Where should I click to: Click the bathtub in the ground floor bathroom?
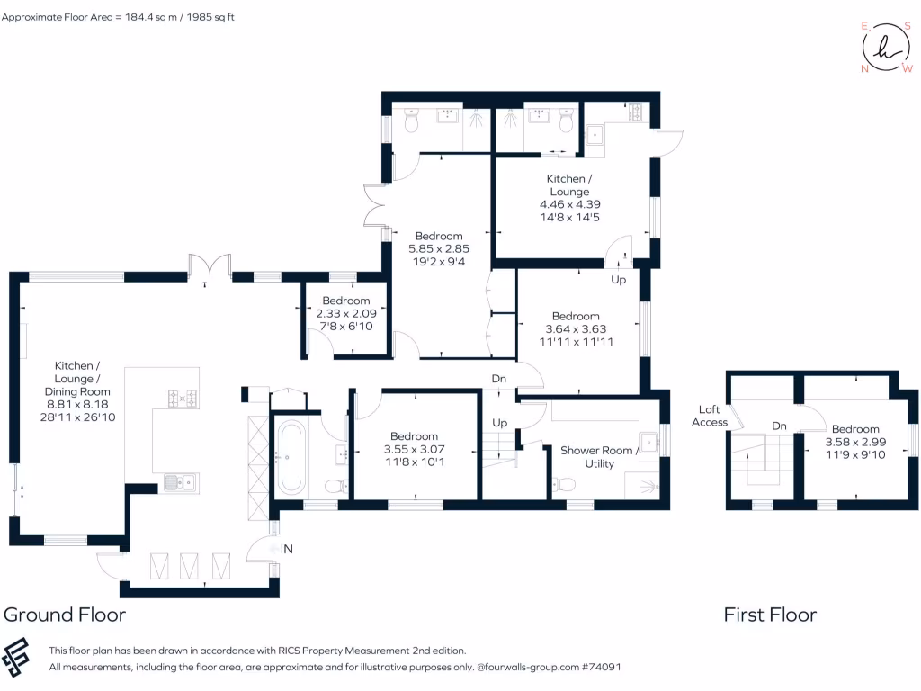click(x=291, y=456)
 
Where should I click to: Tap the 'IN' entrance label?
click(x=287, y=549)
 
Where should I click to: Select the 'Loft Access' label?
click(x=709, y=416)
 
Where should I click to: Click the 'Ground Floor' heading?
click(x=65, y=615)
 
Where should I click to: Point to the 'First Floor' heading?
click(x=770, y=615)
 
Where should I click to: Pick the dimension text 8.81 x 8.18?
click(x=77, y=404)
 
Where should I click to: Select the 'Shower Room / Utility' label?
click(x=599, y=457)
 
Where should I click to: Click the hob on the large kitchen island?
click(x=183, y=399)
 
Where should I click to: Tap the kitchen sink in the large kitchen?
click(x=181, y=483)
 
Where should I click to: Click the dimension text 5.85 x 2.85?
click(x=439, y=248)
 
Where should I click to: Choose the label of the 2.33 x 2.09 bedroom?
click(x=346, y=301)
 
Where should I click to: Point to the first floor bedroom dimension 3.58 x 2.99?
click(x=855, y=442)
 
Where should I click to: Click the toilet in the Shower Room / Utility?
click(x=564, y=485)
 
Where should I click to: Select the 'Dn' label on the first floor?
click(x=779, y=426)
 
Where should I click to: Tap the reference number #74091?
click(x=601, y=667)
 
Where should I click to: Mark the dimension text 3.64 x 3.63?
click(x=576, y=329)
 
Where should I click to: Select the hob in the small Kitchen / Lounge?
click(x=635, y=112)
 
